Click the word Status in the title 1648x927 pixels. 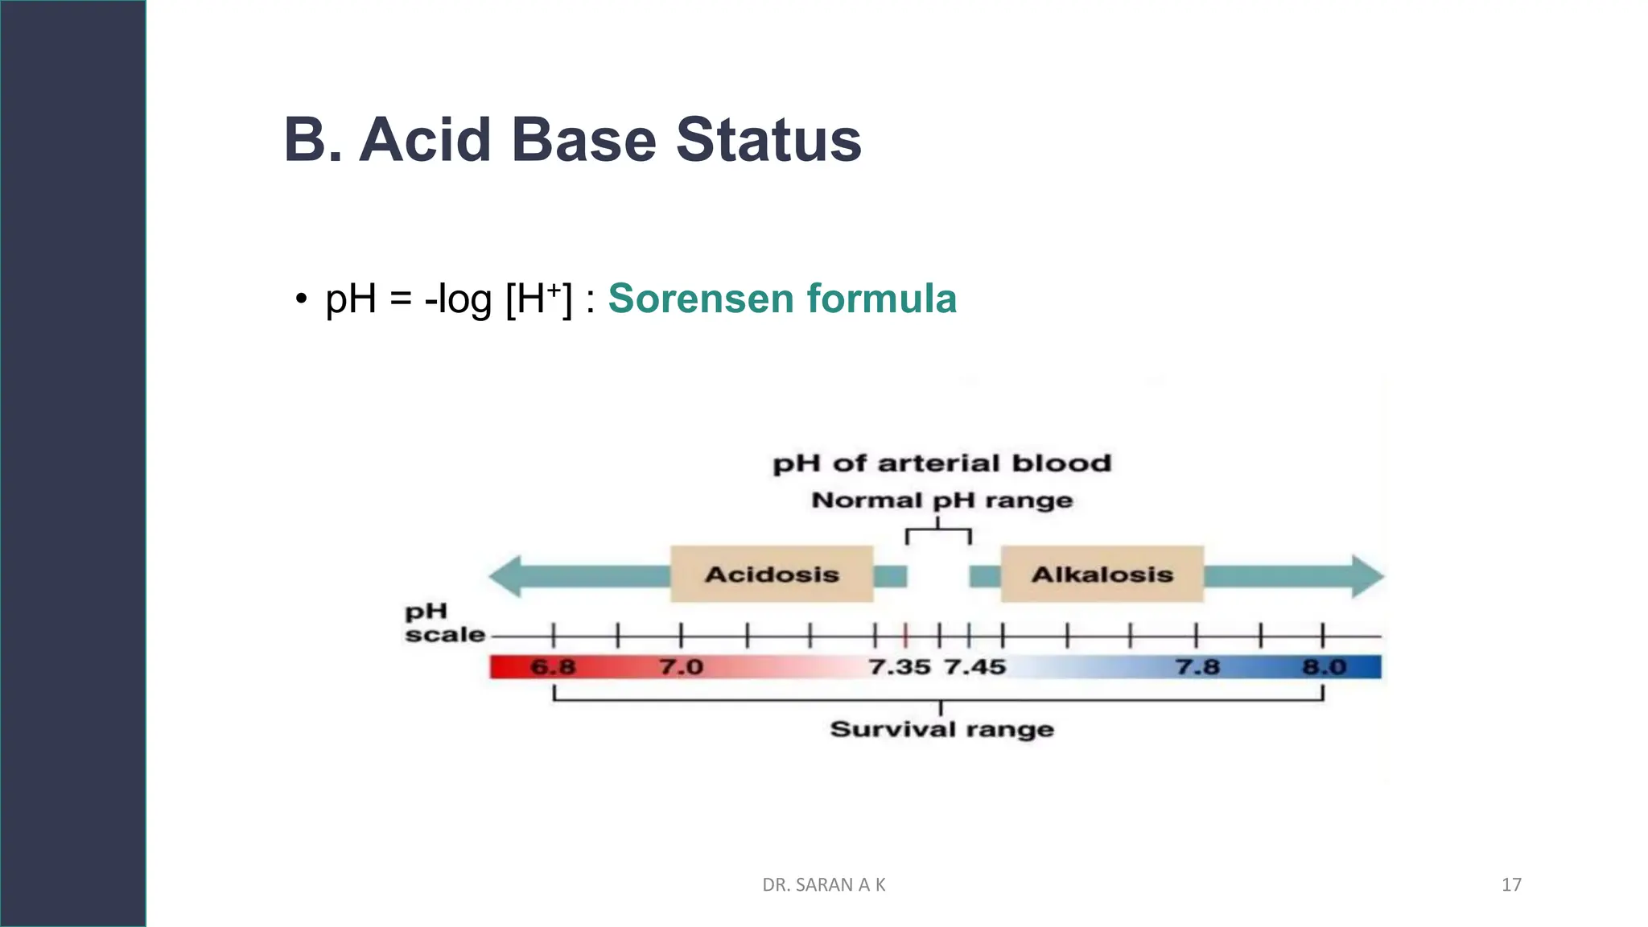point(768,140)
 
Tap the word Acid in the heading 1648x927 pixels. point(424,140)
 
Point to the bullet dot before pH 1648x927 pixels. point(301,299)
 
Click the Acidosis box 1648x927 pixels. point(772,575)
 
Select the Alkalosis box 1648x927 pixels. point(1102,575)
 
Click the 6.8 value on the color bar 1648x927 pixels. point(553,667)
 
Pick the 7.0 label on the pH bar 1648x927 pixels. point(681,667)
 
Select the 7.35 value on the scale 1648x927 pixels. point(900,667)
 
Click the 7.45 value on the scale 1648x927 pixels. point(974,667)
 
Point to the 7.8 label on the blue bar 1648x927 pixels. point(1197,667)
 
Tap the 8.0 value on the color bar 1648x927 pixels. point(1325,667)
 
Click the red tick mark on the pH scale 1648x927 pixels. point(906,636)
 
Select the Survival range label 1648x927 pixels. point(941,729)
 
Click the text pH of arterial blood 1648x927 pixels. point(941,463)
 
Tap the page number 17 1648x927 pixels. point(1511,885)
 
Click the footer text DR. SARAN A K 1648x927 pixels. point(823,885)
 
